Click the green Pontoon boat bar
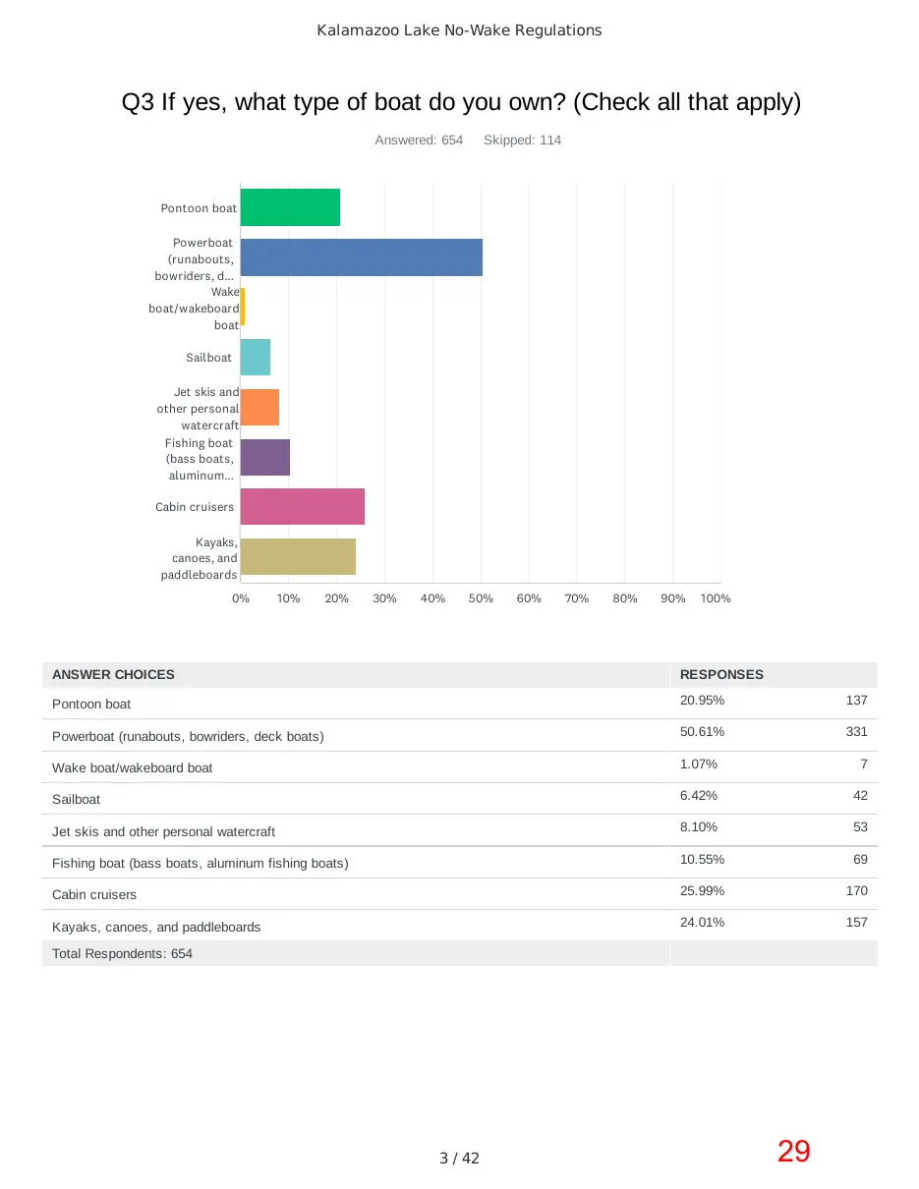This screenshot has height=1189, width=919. pos(290,206)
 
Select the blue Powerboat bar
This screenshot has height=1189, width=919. pos(362,257)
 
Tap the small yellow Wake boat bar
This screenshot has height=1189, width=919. pos(243,307)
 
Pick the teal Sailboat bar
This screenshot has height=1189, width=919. pos(256,357)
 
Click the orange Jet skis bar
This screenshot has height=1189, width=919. pos(259,407)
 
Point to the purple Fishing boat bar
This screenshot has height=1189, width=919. pos(265,457)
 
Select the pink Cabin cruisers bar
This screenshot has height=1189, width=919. pos(302,507)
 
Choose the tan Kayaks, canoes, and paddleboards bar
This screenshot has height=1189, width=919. pos(298,556)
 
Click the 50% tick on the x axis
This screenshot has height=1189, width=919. pos(481,598)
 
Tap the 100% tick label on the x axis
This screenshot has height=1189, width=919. pos(716,598)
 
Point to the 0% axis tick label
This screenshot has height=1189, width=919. pos(240,598)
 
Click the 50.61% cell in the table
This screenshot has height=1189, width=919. pos(702,731)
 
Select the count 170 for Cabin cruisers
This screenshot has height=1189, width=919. pos(857,891)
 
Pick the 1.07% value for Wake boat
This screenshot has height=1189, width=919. pos(699,764)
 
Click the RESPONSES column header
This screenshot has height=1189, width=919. pos(721,675)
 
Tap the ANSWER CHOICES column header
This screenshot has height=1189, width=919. pos(113,675)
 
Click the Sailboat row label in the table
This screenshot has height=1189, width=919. pos(76,800)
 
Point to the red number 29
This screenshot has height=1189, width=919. pos(793,1152)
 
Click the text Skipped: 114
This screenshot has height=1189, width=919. pos(522,141)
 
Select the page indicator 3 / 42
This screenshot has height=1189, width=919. pos(459,1158)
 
